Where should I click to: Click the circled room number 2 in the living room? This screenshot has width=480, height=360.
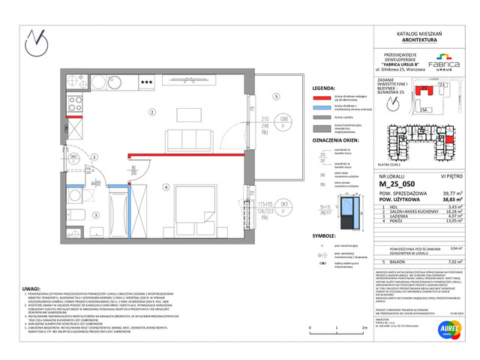tap(151, 112)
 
